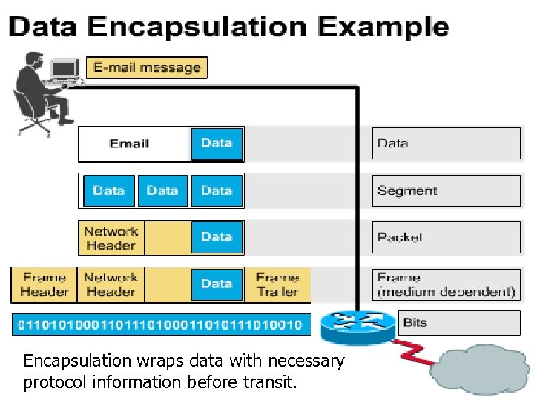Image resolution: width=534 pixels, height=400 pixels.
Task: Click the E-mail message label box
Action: [x=147, y=67]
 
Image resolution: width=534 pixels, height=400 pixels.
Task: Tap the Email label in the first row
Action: [x=129, y=144]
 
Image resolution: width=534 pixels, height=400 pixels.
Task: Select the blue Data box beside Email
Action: [x=217, y=144]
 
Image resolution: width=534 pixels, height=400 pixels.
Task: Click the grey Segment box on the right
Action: [x=446, y=190]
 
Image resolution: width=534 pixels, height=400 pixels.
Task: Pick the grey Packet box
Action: [x=446, y=237]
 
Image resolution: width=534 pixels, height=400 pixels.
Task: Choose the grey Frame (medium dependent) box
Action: [x=446, y=284]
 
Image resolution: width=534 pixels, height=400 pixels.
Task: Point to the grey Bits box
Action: [x=460, y=323]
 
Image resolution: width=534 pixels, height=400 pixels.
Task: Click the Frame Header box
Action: [x=44, y=284]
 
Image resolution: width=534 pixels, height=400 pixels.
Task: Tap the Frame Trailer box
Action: [x=277, y=284]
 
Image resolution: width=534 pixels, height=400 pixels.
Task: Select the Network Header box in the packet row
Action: [x=111, y=238]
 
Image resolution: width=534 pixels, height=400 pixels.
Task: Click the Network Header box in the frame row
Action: [x=111, y=284]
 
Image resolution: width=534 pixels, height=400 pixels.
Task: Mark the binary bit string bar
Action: [x=159, y=324]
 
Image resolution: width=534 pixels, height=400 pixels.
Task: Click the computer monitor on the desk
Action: [x=65, y=69]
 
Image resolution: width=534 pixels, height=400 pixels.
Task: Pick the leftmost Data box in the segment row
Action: [x=109, y=190]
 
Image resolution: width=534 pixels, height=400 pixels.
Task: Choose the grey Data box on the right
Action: [x=446, y=144]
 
